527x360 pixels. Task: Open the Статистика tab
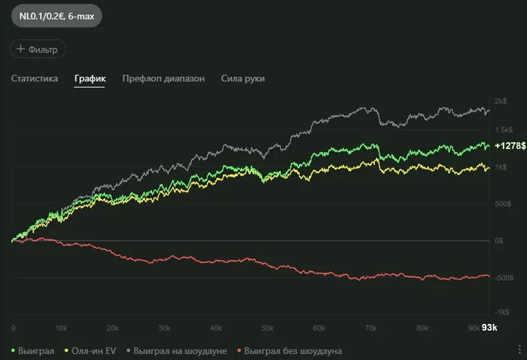click(35, 78)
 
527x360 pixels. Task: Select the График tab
click(90, 78)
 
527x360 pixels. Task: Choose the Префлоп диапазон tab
click(163, 78)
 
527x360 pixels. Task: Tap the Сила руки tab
click(242, 78)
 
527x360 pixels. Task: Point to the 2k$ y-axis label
click(501, 101)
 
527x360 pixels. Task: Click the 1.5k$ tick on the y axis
click(503, 130)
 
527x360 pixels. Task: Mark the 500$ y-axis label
click(502, 204)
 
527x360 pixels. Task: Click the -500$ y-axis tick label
click(501, 276)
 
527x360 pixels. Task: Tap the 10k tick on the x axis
click(62, 328)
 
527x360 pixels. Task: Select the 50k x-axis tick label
click(267, 328)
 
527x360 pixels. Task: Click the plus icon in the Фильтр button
click(21, 49)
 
